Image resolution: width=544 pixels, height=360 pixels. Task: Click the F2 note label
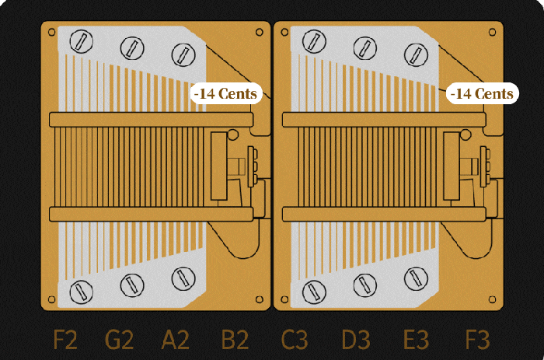[x=65, y=340]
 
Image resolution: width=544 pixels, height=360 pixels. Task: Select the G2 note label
[x=120, y=340]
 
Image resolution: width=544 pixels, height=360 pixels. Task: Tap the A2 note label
[x=176, y=340]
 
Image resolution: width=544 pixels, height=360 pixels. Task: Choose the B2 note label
[x=235, y=340]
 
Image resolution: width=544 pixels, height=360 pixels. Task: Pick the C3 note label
[x=295, y=340]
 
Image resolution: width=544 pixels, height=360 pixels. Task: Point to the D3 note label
[x=356, y=340]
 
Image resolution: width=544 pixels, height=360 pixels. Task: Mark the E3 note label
[x=416, y=340]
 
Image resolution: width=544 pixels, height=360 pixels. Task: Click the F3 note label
[x=476, y=340]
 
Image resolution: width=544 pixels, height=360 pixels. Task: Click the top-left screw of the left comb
[x=81, y=39]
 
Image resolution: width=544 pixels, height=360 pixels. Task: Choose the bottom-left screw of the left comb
[x=81, y=292]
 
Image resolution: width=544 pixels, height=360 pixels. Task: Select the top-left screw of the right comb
[x=313, y=39]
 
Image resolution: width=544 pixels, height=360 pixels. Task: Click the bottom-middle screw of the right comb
[x=365, y=285]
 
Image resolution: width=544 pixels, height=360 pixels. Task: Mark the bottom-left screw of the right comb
[x=313, y=292]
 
